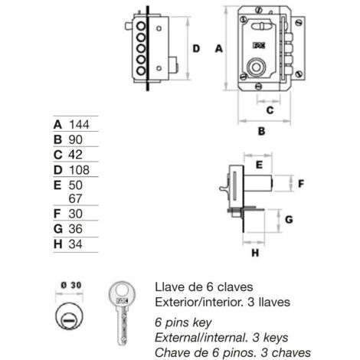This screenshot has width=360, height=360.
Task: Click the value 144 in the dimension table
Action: (x=79, y=125)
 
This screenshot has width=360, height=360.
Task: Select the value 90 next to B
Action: (x=75, y=139)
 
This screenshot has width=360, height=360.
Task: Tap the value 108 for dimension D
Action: (x=79, y=170)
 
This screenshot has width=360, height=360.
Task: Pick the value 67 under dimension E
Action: (x=75, y=198)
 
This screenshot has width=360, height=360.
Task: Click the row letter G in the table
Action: (x=58, y=229)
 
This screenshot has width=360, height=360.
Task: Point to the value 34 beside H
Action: (x=75, y=244)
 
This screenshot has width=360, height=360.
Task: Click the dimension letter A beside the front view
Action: (x=219, y=48)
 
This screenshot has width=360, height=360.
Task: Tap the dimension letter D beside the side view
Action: (x=196, y=48)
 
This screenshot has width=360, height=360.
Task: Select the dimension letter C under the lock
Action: (x=270, y=110)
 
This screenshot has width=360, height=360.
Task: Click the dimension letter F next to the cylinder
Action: (x=301, y=184)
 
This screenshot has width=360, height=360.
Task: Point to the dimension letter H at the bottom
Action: (x=255, y=253)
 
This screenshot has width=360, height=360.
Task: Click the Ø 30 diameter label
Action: (x=71, y=285)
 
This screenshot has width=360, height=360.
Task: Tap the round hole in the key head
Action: (x=122, y=290)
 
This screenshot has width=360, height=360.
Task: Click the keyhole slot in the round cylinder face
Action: (x=69, y=319)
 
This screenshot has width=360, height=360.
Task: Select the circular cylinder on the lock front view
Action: (x=256, y=67)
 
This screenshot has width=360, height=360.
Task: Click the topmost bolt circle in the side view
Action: (x=141, y=26)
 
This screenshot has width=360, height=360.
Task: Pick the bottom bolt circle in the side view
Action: (x=141, y=70)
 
